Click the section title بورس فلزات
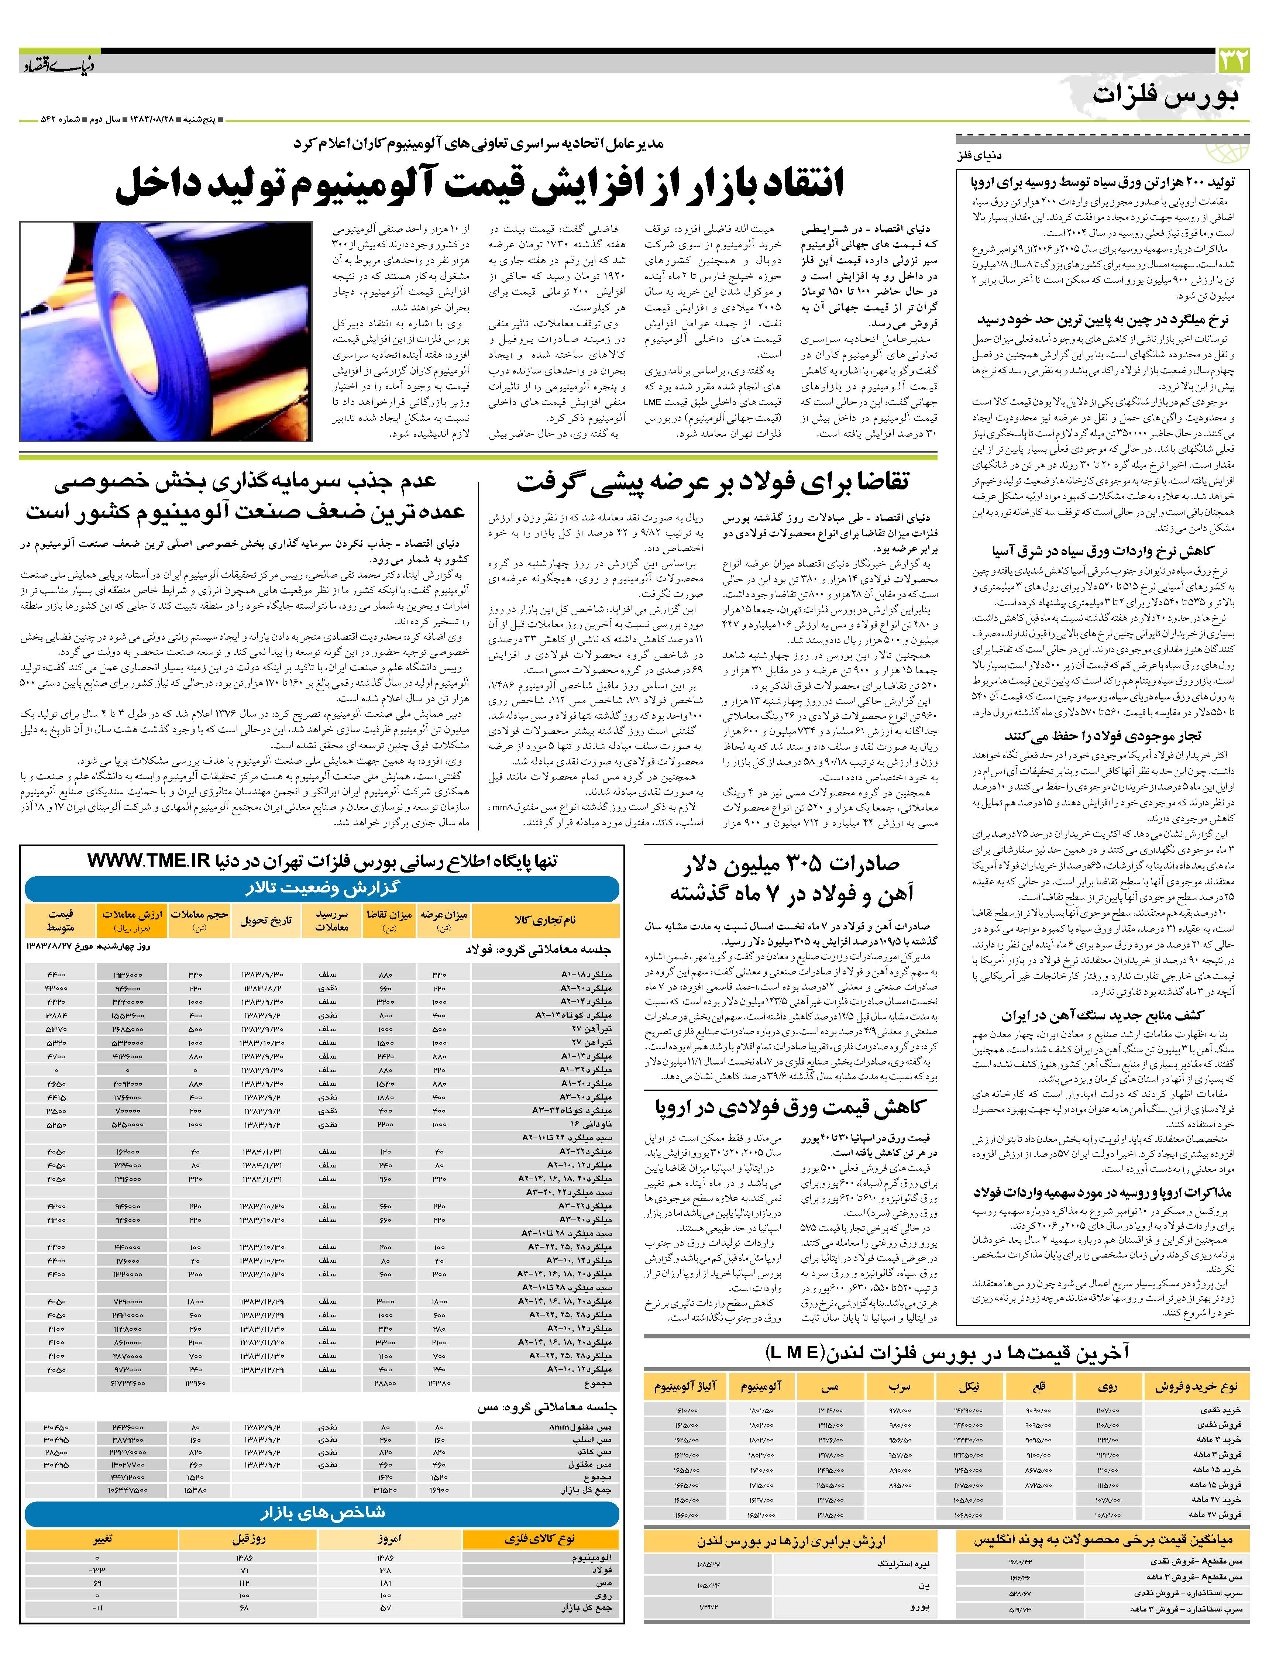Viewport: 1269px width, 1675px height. pos(1166,96)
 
